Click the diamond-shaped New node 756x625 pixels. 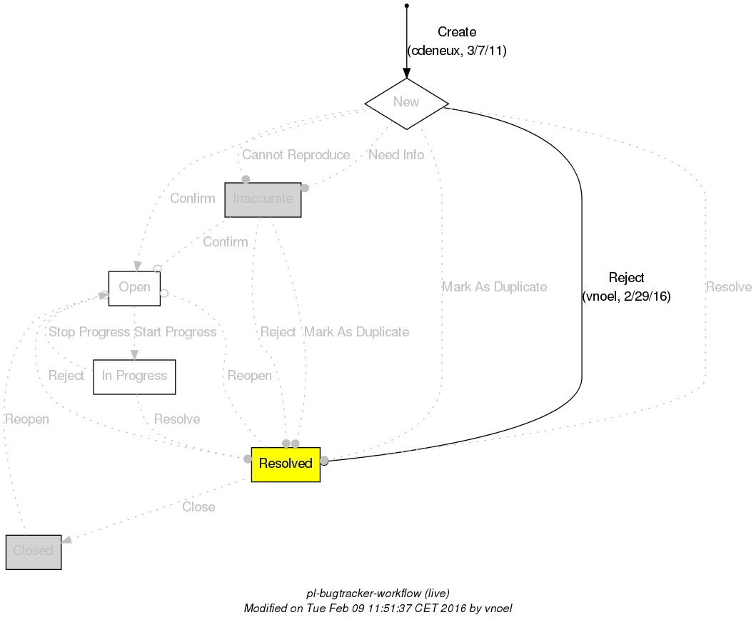pos(406,103)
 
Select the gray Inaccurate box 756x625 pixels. pos(263,199)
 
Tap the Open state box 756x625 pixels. pos(134,288)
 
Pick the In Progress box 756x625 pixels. pos(134,376)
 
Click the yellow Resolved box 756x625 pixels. pos(286,464)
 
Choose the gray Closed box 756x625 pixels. pos(33,551)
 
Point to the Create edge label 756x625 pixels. pos(456,32)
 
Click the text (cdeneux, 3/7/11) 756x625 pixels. pos(456,51)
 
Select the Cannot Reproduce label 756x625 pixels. pos(296,155)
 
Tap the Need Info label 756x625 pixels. pos(396,155)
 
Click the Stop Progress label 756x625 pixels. pos(89,332)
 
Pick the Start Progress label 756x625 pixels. pos(175,332)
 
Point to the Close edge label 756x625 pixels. pos(198,507)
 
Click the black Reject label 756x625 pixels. pos(626,278)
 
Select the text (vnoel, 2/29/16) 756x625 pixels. pos(626,296)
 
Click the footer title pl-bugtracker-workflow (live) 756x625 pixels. pos(378,594)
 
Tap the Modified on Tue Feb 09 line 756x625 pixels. pos(378,609)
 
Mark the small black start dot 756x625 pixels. pos(406,6)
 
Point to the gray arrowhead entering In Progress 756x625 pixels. pos(134,354)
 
